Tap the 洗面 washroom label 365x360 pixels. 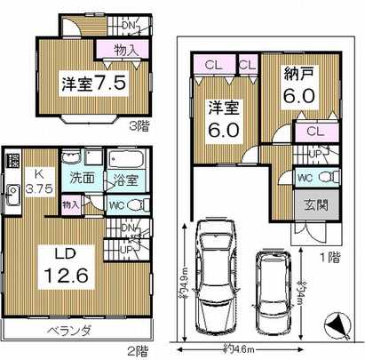point(83,177)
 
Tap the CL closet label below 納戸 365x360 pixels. point(314,132)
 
